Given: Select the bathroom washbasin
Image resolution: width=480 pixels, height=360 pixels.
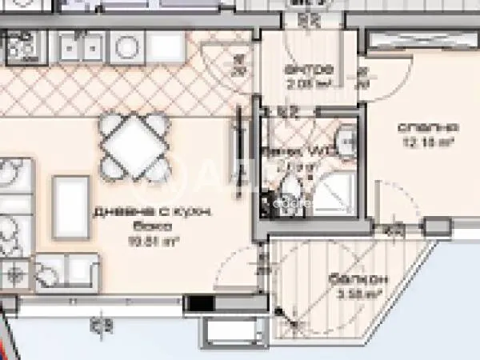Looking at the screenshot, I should click(x=345, y=141).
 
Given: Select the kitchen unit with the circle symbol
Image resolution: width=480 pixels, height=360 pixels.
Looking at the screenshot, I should click(x=127, y=48).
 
